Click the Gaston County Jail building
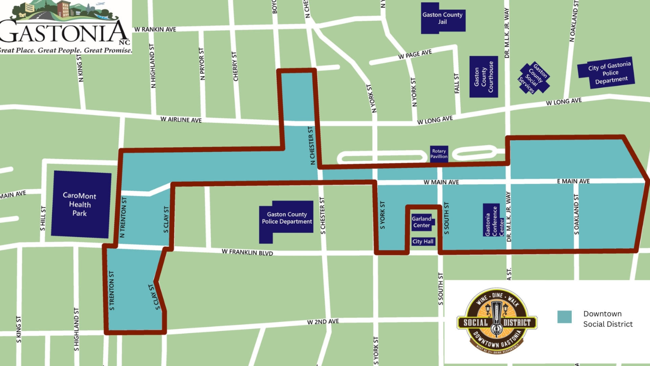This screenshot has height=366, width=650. tap(442, 18)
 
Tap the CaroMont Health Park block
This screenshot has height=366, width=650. tap(81, 204)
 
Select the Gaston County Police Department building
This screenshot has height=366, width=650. tap(287, 218)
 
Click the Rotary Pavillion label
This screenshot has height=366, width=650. tap(439, 154)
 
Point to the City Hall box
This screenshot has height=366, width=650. tap(423, 242)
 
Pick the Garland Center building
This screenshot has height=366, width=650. tap(421, 222)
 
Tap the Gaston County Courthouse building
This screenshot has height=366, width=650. tap(483, 77)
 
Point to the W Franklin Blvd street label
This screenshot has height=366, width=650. tap(247, 252)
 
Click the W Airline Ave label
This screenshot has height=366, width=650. tap(181, 120)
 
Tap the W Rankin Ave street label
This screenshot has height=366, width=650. tap(155, 29)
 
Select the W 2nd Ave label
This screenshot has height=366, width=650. tap(323, 322)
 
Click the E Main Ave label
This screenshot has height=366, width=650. tap(573, 181)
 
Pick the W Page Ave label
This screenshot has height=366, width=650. tap(415, 54)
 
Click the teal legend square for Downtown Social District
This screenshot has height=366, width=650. tap(564, 317)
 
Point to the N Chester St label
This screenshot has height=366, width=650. tap(312, 146)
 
